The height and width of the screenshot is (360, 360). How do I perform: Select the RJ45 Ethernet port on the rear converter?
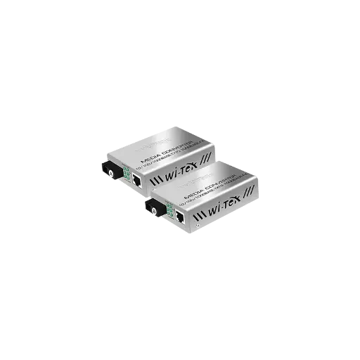137,181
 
